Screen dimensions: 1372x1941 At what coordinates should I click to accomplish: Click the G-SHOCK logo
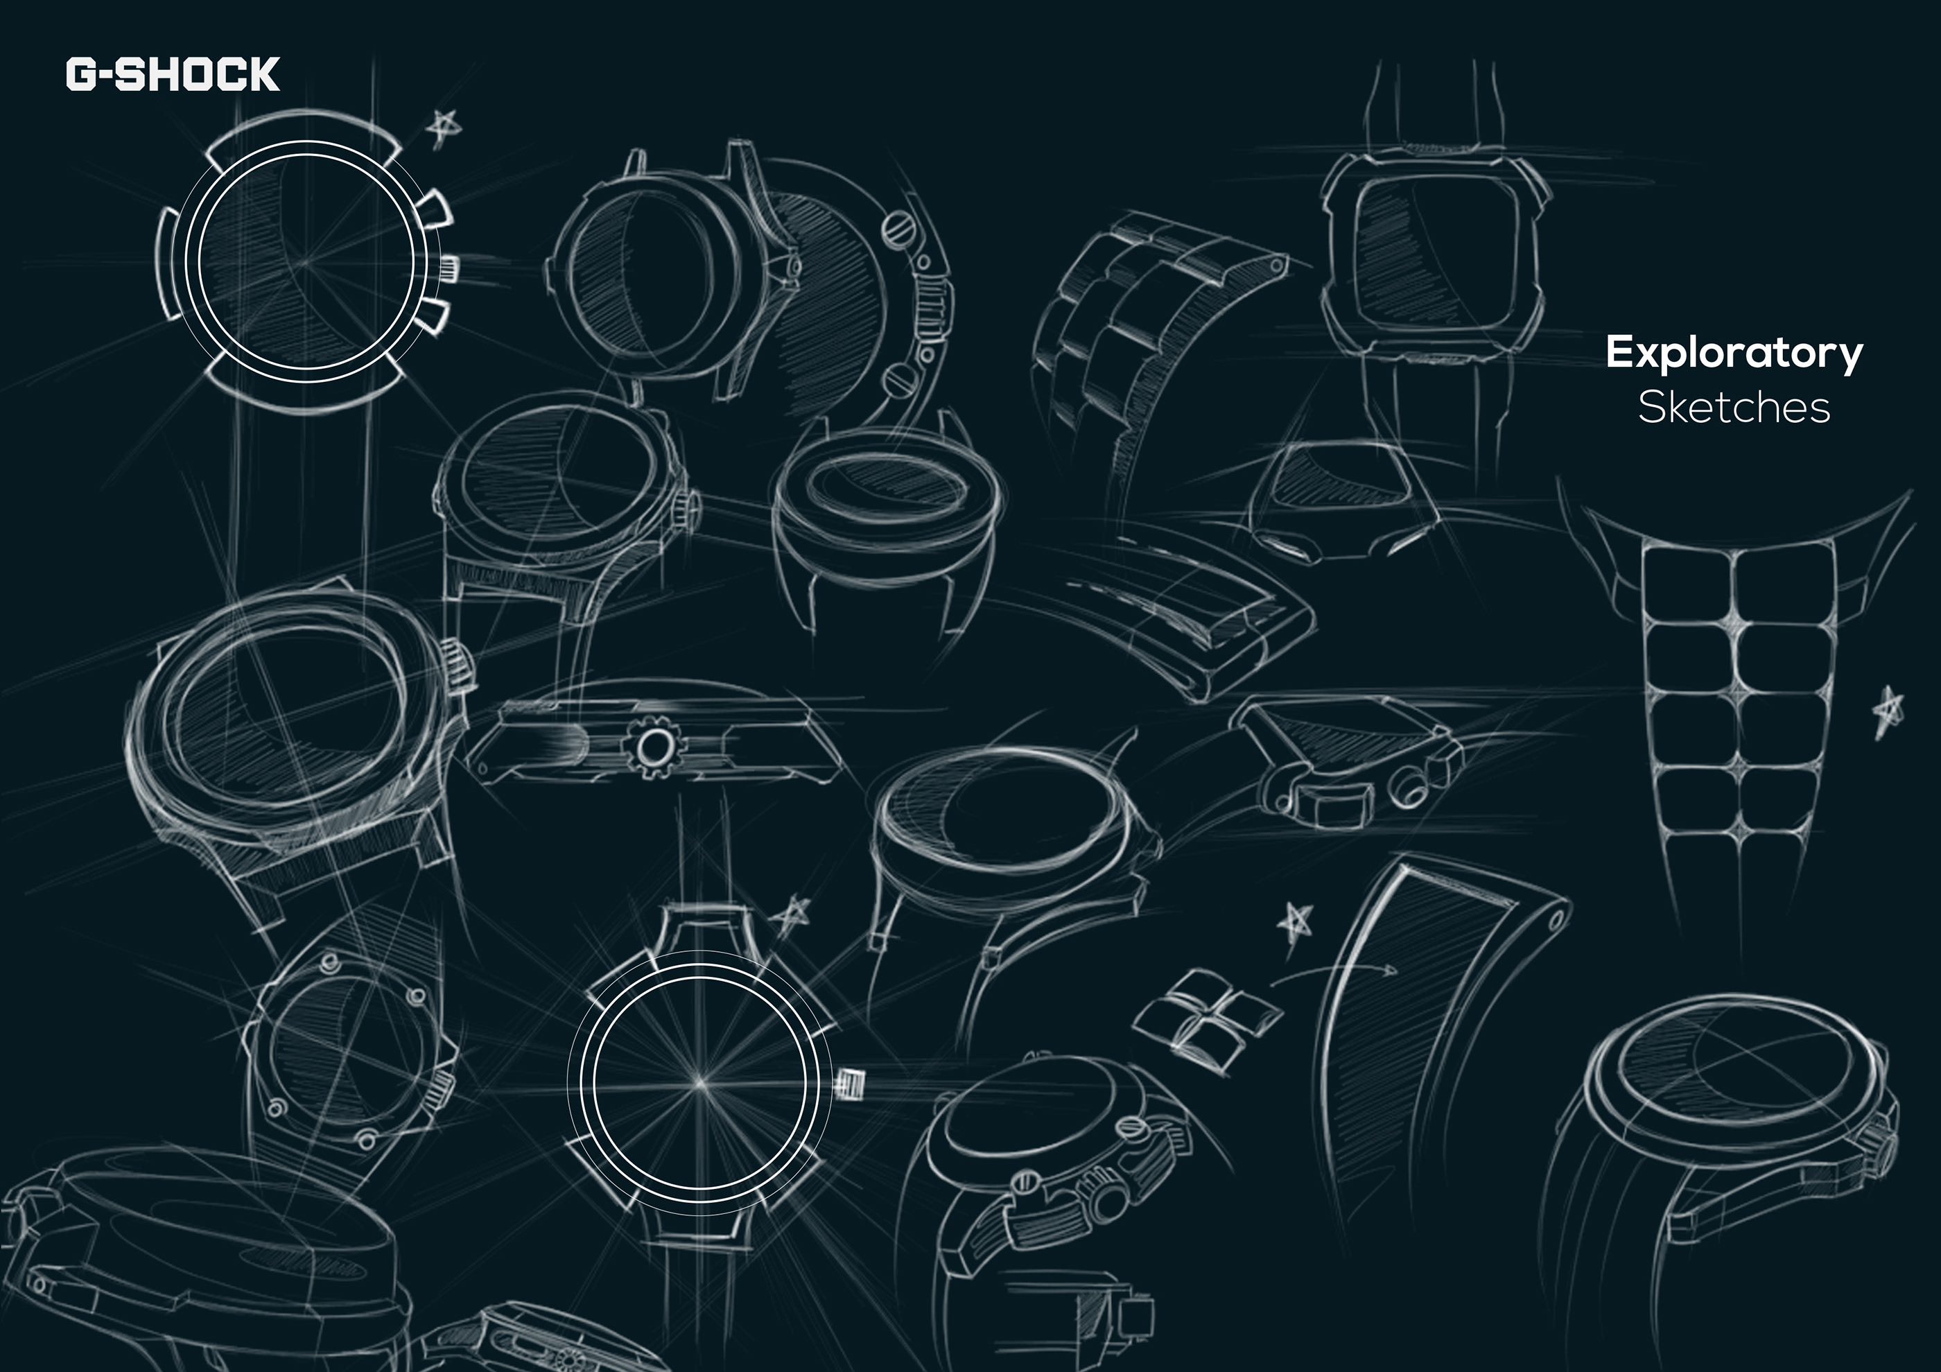173,74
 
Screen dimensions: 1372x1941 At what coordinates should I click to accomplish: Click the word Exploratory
1733,352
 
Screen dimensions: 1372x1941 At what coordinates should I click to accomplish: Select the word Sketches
1733,408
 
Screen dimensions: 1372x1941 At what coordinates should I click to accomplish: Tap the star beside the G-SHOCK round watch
442,128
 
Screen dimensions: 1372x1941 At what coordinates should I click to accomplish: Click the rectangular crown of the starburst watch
851,1083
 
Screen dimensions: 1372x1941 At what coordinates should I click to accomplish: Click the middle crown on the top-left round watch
448,268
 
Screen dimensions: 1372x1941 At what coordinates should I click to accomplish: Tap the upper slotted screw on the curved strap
898,230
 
